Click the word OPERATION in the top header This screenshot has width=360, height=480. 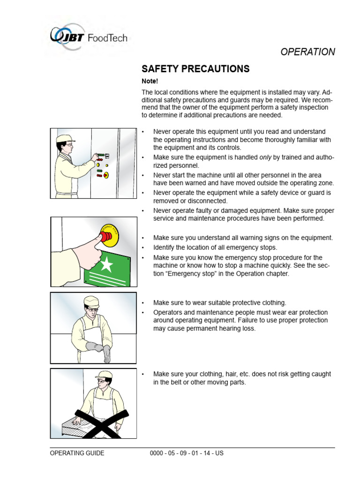307,52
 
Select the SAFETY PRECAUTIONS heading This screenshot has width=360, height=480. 196,69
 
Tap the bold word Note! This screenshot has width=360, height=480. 150,81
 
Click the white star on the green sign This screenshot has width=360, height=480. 107,265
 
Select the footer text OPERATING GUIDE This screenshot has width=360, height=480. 77,453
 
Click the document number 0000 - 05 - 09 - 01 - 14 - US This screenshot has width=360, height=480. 187,453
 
